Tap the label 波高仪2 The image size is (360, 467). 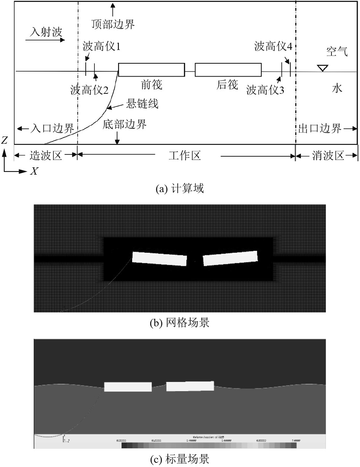pos(89,90)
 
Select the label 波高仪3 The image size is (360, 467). pos(265,90)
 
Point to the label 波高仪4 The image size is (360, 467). pos(273,47)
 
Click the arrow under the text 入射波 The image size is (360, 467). pos(47,39)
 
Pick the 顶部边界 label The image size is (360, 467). pos(113,25)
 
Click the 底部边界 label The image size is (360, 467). pos(125,125)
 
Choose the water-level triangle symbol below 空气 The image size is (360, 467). pos(322,68)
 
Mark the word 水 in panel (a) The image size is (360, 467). pos(337,88)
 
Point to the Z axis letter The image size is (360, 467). pos(4,140)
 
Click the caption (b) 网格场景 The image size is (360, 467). pos(180,323)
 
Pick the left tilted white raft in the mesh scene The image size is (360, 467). pos(160,258)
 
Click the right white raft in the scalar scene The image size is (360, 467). pos(190,386)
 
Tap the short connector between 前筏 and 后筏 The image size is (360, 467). pos(190,71)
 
